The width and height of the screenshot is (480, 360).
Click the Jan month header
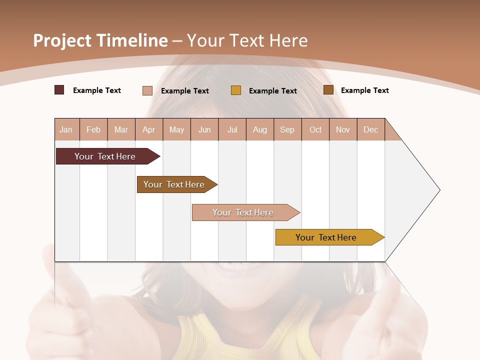point(66,129)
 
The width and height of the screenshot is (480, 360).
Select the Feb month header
point(93,129)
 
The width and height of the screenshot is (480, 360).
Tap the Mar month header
point(121,129)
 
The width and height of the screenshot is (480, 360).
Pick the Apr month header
point(149,129)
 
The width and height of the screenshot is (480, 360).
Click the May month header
point(176,129)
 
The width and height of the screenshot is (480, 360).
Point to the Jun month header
point(204,129)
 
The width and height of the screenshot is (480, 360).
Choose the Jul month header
point(232,129)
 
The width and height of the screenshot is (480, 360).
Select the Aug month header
point(260,129)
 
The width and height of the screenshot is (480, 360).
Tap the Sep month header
point(287,129)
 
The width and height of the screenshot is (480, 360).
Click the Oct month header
point(315,129)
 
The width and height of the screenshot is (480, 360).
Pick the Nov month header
point(343,129)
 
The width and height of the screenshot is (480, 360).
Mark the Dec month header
point(371,129)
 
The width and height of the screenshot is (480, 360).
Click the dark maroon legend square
point(59,90)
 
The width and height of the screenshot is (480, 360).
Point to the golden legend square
point(236,90)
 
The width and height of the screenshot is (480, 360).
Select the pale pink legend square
point(147,90)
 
